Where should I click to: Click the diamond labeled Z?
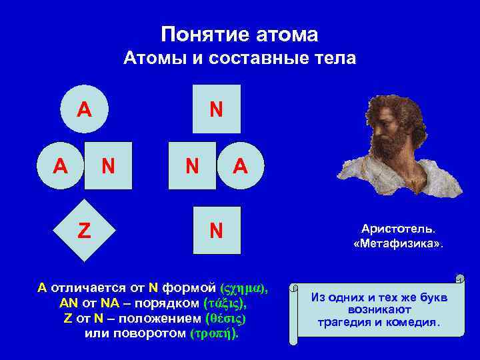point(84,230)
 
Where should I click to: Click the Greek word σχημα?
point(243,289)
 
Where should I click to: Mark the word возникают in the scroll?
point(379,310)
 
